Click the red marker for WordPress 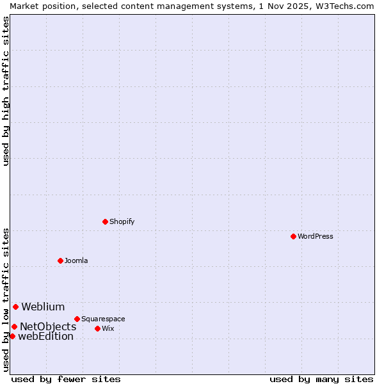tap(293, 236)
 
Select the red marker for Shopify tap(105, 221)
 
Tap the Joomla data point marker tap(60, 260)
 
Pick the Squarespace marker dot tap(77, 319)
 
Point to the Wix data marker tap(97, 328)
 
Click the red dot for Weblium tap(15, 307)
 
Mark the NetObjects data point tap(14, 326)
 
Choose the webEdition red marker tap(12, 336)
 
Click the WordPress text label tap(316, 236)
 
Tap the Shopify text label tap(122, 221)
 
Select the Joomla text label tap(76, 260)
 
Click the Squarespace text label tap(103, 319)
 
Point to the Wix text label tap(108, 328)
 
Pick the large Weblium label tap(43, 307)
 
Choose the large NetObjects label tap(48, 326)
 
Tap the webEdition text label tap(45, 336)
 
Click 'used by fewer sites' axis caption tap(66, 379)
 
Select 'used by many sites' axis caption tap(321, 379)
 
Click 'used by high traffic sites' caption tap(6, 91)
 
